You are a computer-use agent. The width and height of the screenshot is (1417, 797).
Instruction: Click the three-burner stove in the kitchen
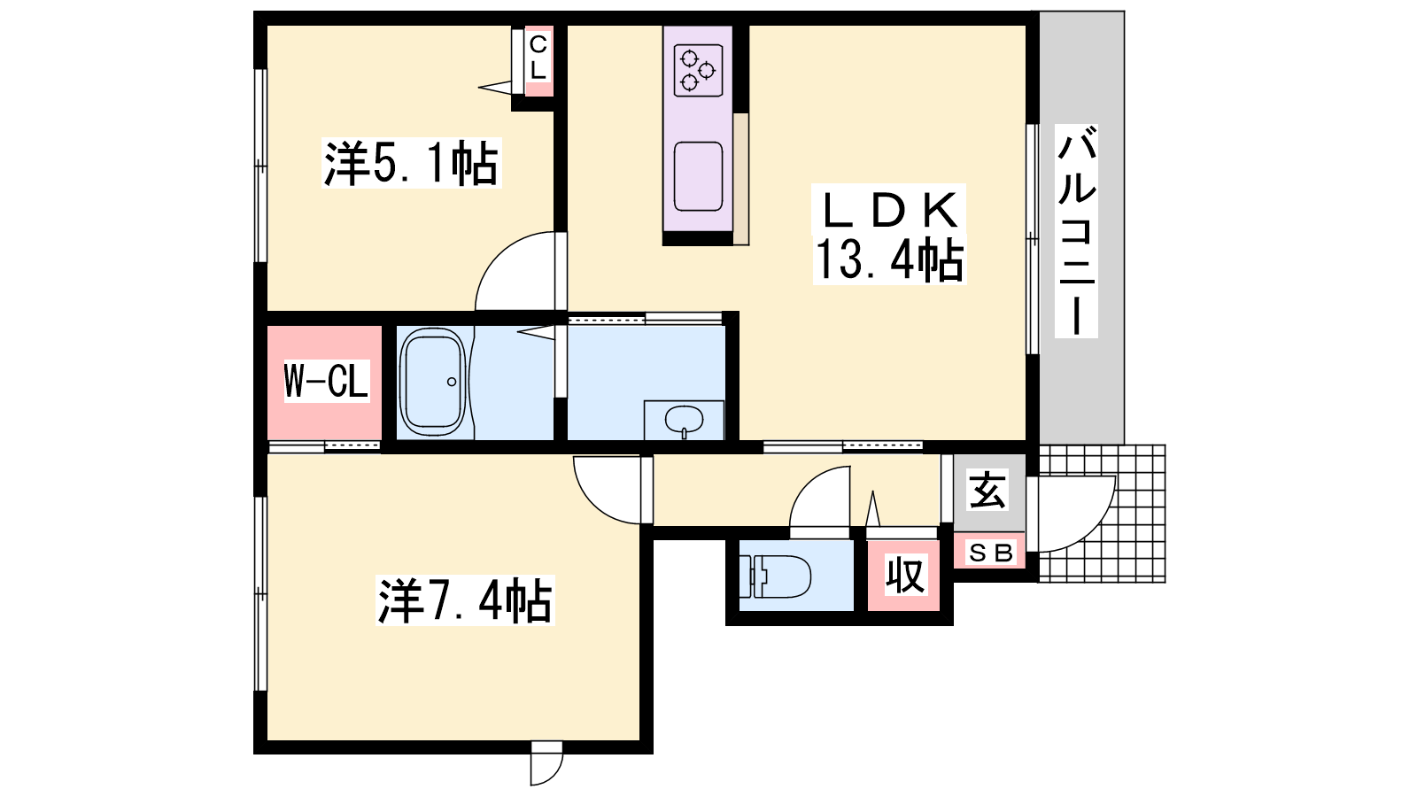click(699, 70)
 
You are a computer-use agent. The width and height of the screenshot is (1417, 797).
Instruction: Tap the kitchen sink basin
click(699, 176)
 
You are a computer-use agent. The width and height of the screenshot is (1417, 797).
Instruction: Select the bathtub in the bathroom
click(434, 382)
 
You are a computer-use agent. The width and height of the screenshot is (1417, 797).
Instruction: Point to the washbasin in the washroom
click(684, 419)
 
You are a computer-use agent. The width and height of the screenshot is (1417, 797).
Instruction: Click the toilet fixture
click(775, 576)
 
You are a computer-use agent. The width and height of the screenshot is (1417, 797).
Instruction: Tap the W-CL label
click(325, 382)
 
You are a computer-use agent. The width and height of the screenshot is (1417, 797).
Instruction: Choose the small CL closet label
click(538, 58)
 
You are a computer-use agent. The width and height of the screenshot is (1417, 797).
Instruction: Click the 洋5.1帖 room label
click(411, 163)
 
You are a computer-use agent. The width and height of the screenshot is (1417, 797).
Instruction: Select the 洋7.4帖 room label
click(465, 600)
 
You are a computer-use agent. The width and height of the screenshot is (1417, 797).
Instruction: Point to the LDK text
click(889, 210)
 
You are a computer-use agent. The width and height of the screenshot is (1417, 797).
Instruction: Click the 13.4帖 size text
click(889, 259)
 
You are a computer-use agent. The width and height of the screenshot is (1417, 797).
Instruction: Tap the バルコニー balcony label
click(1076, 231)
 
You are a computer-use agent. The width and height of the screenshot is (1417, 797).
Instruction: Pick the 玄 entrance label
click(988, 491)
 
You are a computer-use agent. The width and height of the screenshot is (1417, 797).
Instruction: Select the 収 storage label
click(904, 576)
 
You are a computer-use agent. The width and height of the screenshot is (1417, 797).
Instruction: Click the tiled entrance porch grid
click(1102, 513)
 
